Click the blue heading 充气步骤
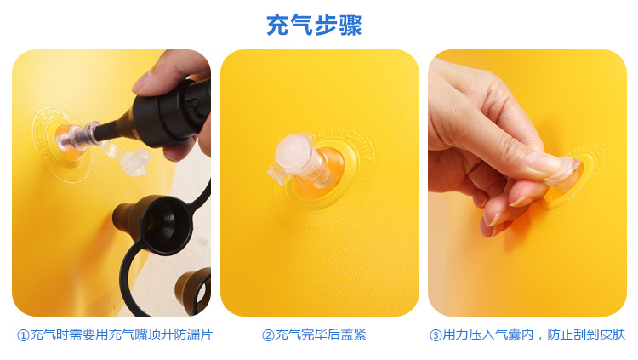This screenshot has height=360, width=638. coord(314,26)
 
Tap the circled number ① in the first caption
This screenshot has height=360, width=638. coord(23,335)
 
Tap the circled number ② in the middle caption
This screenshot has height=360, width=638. coord(267,335)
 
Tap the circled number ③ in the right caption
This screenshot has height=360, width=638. coord(436,335)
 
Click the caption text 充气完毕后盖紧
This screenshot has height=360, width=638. coord(320,335)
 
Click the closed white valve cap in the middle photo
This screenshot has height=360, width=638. coord(297,158)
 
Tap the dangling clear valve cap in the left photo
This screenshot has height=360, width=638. coord(128,157)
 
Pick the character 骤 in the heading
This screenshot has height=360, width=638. coord(350,26)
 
